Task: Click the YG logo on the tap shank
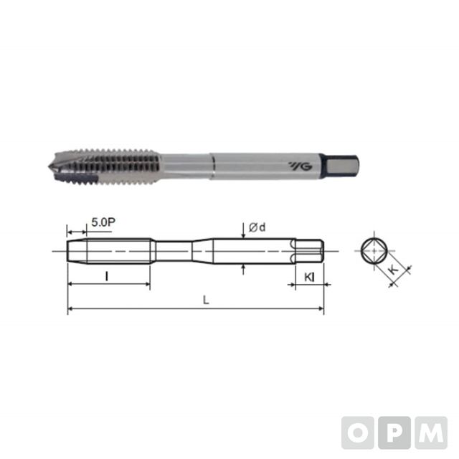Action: pyautogui.click(x=301, y=166)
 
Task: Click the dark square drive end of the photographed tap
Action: pyautogui.click(x=340, y=166)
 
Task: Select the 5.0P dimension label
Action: pyautogui.click(x=103, y=222)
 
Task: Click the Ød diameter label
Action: pyautogui.click(x=257, y=227)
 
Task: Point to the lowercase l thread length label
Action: pyautogui.click(x=107, y=276)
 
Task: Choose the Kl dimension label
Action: pyautogui.click(x=309, y=278)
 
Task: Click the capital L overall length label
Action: pyautogui.click(x=206, y=300)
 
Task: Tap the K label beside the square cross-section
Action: pyautogui.click(x=394, y=270)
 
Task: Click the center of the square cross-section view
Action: pyautogui.click(x=374, y=251)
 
